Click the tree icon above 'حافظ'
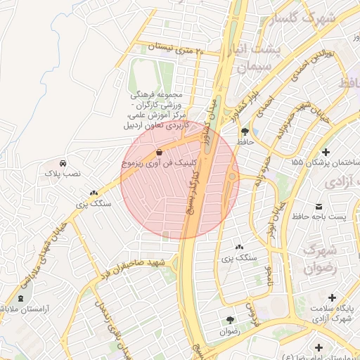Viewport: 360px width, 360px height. point(245,131)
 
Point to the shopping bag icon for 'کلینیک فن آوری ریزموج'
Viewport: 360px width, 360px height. point(160,151)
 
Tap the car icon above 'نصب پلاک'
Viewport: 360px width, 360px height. point(63,162)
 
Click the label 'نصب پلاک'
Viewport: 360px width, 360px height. point(63,172)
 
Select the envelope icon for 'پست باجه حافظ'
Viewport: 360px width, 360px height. point(320,207)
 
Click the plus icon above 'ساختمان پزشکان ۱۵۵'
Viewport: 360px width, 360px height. point(326,152)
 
